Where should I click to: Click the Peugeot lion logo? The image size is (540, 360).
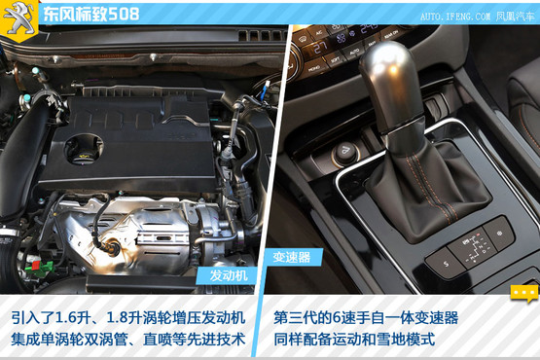click(x=18, y=18)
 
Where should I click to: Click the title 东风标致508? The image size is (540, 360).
click(x=91, y=15)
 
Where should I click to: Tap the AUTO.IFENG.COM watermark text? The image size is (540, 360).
click(x=455, y=17)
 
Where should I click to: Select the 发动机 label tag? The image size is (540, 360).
click(x=228, y=275)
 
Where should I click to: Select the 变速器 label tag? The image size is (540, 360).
click(x=292, y=257)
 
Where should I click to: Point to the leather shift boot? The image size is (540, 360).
click(x=427, y=192)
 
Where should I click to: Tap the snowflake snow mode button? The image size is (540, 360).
click(x=499, y=234)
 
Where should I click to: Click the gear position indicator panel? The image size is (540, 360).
click(x=473, y=249)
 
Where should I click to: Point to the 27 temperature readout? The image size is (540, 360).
click(x=320, y=48)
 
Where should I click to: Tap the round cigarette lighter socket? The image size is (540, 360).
click(x=345, y=153)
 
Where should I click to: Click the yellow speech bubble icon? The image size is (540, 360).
click(x=523, y=293)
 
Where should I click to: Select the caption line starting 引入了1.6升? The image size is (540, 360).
click(x=128, y=317)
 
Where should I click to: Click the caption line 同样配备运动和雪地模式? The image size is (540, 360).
click(x=355, y=340)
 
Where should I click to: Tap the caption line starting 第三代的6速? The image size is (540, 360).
click(x=366, y=317)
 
